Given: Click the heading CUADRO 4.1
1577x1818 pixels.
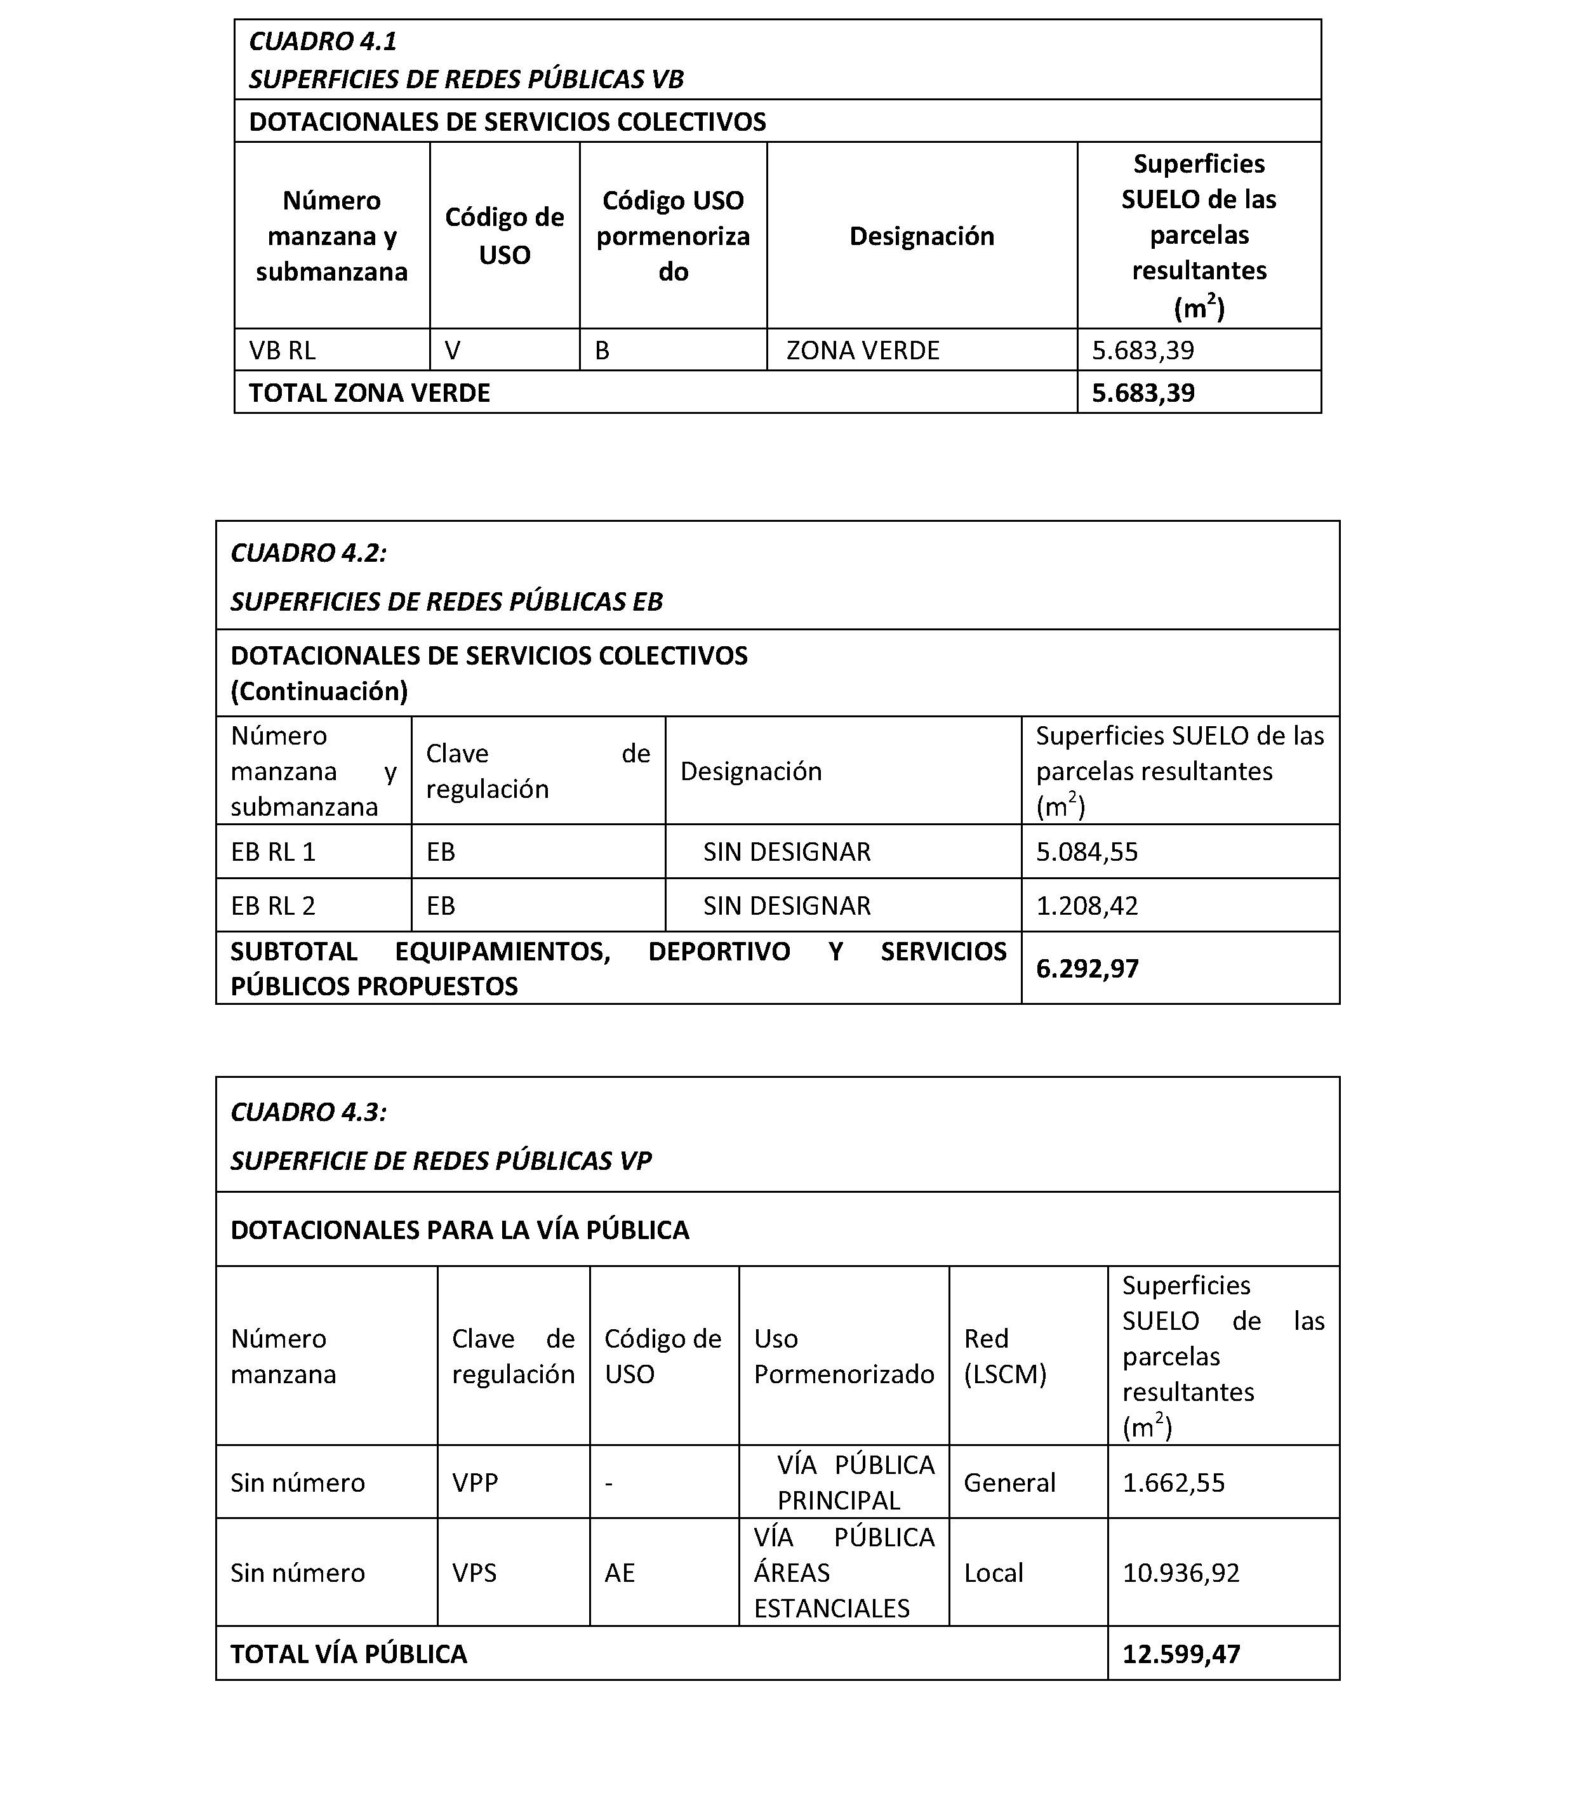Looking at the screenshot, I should [323, 41].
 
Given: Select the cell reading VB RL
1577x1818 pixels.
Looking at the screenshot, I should [283, 350].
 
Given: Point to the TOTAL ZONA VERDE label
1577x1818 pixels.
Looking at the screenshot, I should [369, 392].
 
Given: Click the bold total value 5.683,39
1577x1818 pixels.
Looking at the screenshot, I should [1143, 392].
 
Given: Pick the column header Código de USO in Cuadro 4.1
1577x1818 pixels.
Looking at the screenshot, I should [504, 236].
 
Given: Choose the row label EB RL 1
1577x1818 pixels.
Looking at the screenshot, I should [273, 852].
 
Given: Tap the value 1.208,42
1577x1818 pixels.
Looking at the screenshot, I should [1087, 905].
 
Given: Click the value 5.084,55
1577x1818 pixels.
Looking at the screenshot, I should [1087, 852].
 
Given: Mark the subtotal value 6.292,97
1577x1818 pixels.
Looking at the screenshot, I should [1088, 969].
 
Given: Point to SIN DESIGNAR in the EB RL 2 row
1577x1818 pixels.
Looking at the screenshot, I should [787, 905].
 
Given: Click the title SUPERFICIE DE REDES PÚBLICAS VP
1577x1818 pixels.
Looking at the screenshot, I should [441, 1160].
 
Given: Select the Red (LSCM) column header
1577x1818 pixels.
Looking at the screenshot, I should [1005, 1356].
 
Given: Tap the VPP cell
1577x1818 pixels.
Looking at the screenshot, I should [476, 1483].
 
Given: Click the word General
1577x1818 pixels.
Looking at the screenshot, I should [1009, 1483].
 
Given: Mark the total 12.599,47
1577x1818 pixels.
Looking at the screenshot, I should [1181, 1654].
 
